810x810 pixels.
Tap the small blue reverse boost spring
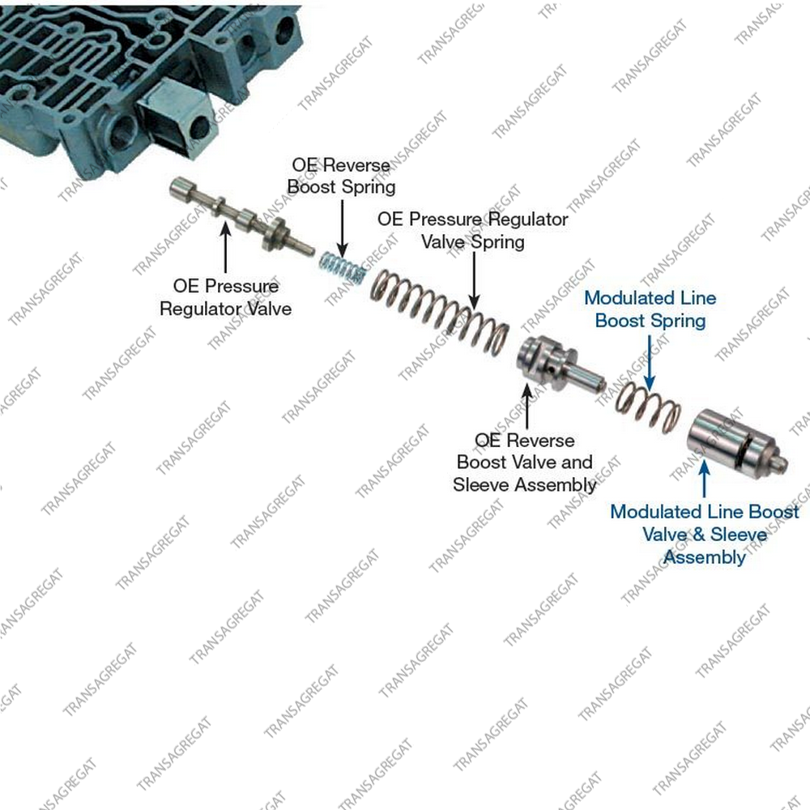click(x=342, y=267)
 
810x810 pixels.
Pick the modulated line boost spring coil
click(x=648, y=408)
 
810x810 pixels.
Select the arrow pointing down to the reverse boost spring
click(x=342, y=228)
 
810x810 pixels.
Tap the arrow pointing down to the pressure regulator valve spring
click(x=474, y=281)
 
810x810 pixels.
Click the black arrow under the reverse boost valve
click(x=527, y=406)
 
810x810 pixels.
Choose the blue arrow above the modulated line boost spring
click(x=650, y=362)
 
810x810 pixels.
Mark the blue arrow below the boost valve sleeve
click(x=704, y=479)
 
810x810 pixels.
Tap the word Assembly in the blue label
click(x=705, y=557)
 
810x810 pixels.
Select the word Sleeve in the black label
click(x=481, y=484)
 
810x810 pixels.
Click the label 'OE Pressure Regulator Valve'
click(x=226, y=297)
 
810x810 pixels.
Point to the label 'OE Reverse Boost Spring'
click(x=342, y=176)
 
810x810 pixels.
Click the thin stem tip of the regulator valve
click(x=305, y=247)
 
